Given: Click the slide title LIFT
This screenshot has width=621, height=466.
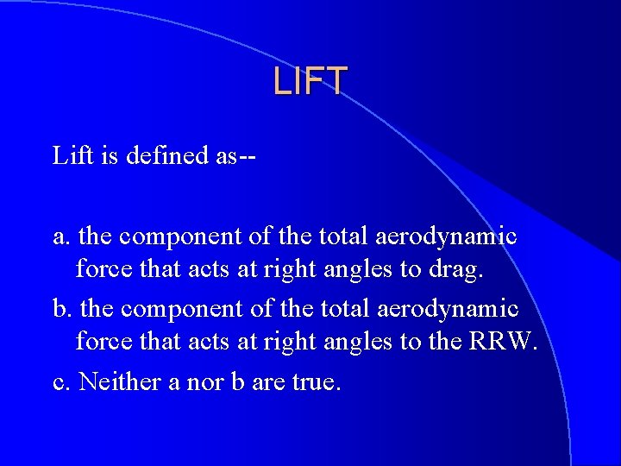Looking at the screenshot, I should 310,81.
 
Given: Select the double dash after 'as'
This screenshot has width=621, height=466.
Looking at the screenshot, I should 248,157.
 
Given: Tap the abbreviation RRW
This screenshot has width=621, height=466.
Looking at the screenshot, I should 502,343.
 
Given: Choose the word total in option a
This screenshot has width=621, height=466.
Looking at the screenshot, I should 346,236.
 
